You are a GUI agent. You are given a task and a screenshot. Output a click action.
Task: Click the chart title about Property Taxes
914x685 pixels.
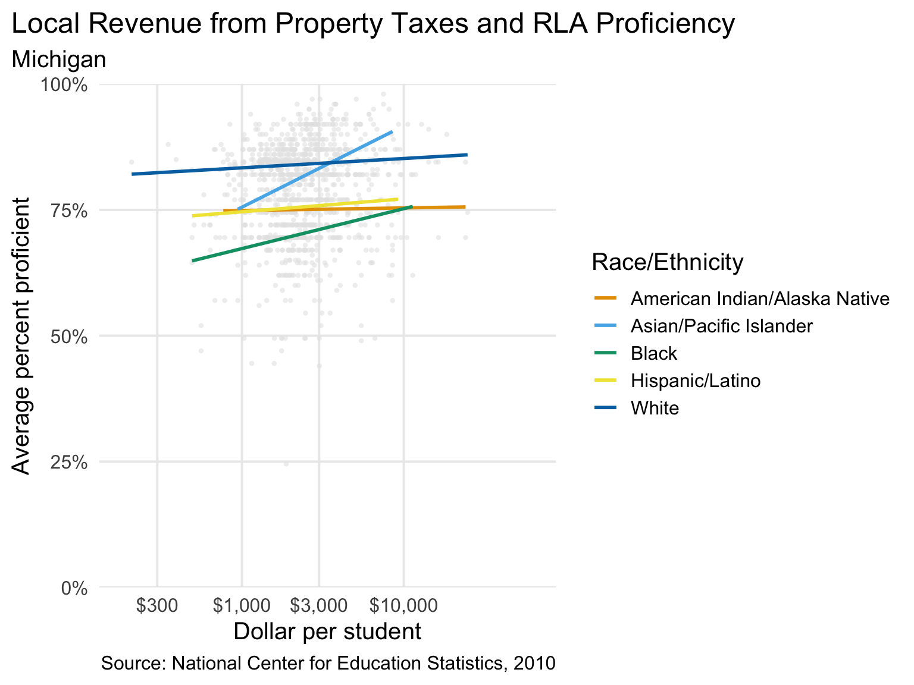373,25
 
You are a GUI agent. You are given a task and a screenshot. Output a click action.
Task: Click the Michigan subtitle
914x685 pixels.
59,60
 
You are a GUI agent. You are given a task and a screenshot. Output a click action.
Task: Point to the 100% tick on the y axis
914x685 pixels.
64,85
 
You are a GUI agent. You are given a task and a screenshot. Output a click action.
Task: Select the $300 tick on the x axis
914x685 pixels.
157,606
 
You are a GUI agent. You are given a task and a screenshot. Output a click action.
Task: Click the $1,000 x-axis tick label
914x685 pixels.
242,606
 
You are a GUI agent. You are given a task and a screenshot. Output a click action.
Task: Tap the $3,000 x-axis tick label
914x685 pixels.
319,606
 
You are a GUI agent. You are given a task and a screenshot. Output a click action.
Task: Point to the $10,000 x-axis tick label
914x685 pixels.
404,606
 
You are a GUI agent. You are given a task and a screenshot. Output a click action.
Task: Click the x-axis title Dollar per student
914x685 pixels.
327,631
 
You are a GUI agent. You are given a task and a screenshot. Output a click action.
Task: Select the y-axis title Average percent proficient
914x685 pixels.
21,337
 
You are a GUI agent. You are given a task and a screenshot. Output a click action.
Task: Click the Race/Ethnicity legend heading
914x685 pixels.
667,262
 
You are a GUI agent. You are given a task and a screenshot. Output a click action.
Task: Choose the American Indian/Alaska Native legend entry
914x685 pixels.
760,298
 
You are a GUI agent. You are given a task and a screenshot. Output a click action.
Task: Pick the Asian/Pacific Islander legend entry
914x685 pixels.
721,326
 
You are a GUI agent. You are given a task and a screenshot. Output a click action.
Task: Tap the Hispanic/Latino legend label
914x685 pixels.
695,381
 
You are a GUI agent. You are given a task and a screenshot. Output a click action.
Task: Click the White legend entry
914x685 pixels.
655,408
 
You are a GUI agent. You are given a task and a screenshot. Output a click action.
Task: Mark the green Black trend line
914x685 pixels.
298,234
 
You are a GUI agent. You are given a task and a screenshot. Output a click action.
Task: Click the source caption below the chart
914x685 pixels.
328,664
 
